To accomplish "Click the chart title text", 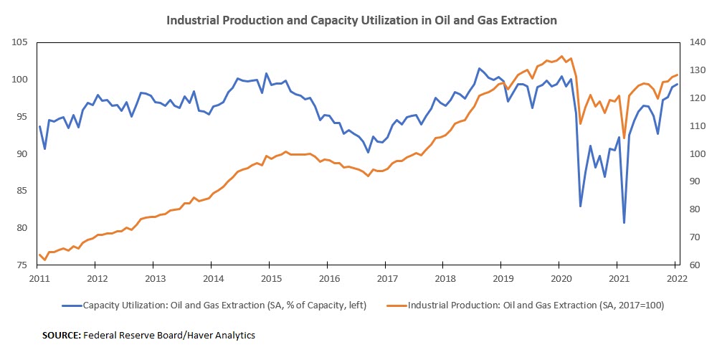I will (x=361, y=20).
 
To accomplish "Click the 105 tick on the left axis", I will (x=19, y=43).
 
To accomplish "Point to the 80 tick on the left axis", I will (x=22, y=228).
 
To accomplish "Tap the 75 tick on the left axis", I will (x=22, y=265).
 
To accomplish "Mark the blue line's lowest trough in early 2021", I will (x=624, y=222).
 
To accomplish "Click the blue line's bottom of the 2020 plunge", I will (x=580, y=206).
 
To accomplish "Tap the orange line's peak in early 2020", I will (x=561, y=57).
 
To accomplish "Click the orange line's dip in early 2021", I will (x=624, y=138).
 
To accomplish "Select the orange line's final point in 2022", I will (x=677, y=75).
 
